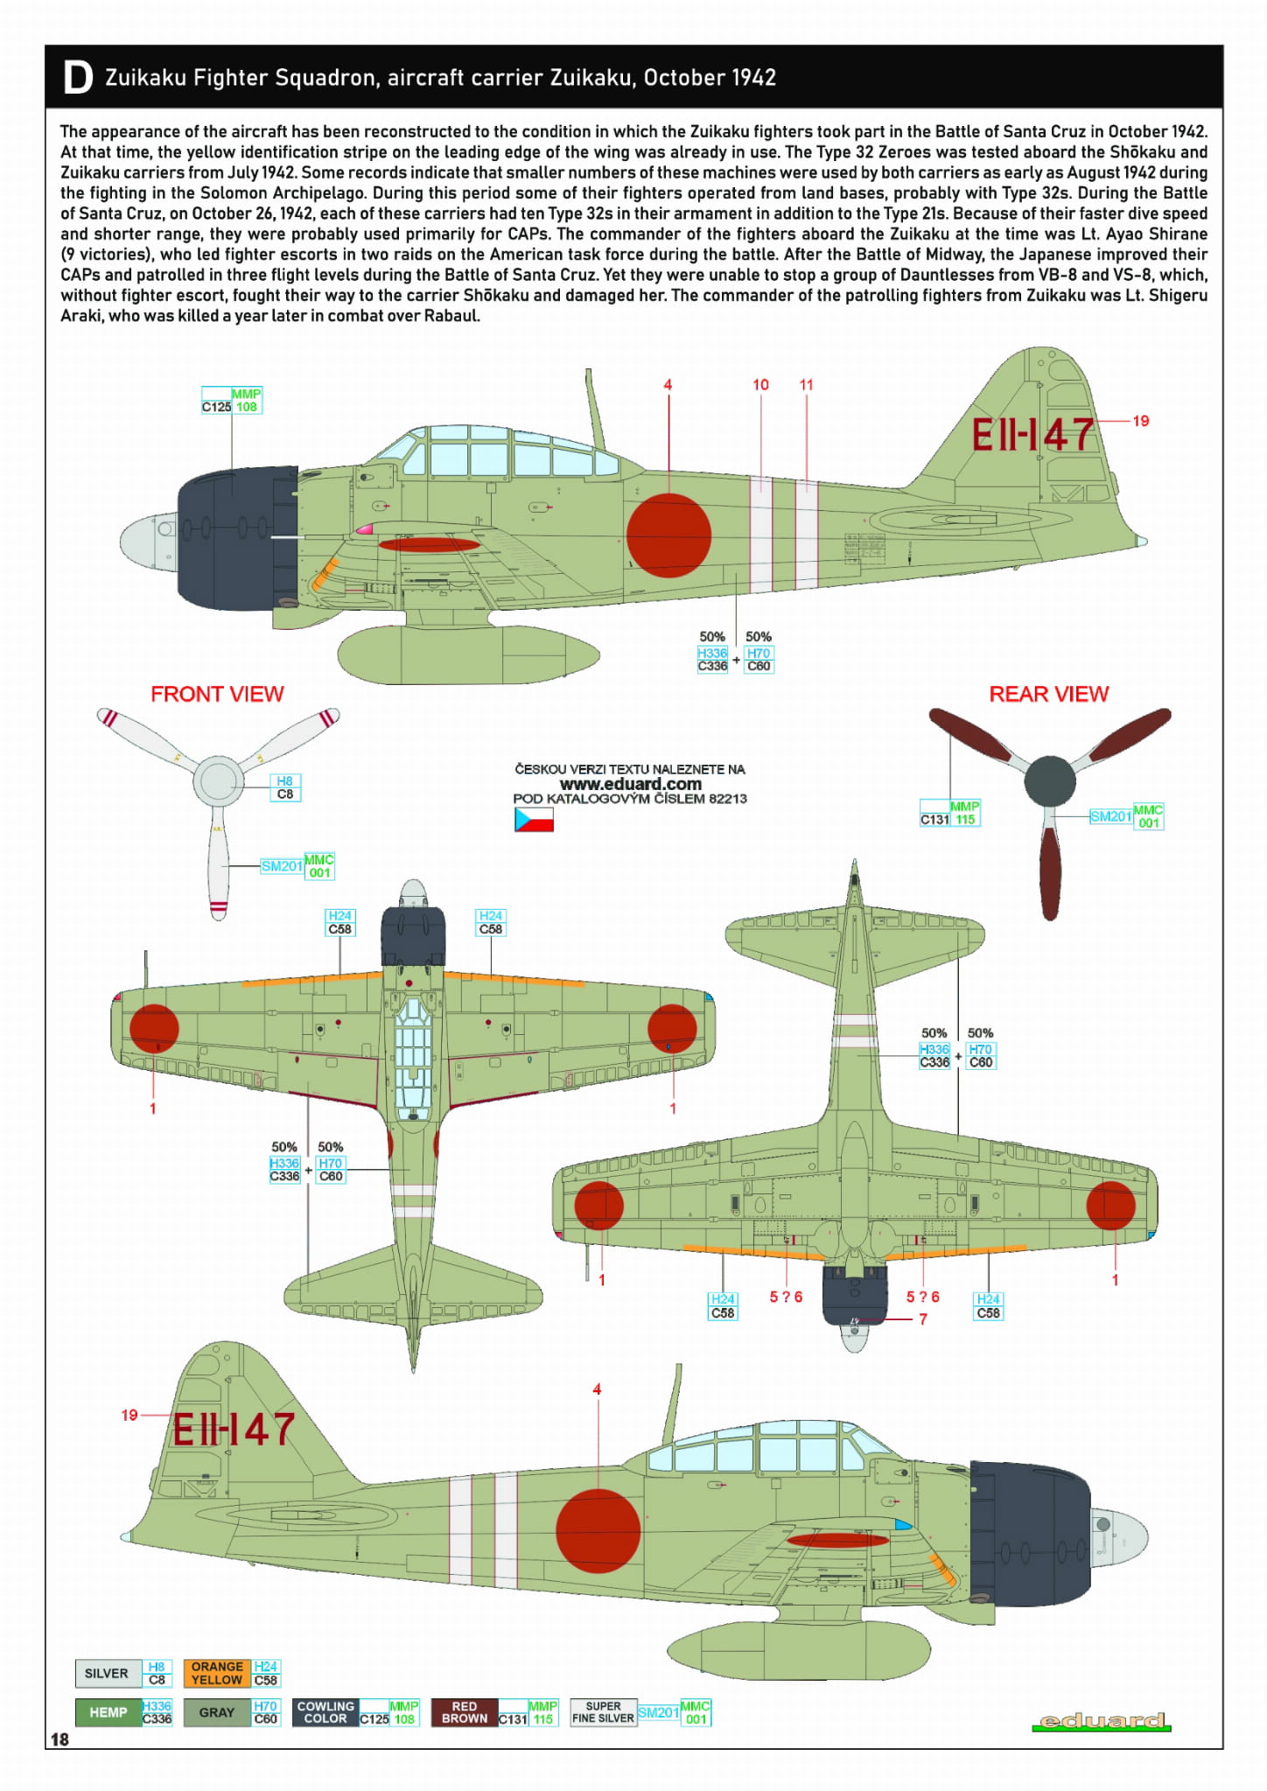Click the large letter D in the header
click(78, 78)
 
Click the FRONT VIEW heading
click(217, 694)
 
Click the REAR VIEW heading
click(1048, 694)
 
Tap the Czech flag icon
click(534, 819)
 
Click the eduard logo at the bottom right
click(1101, 1721)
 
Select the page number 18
click(59, 1739)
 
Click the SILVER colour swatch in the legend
click(107, 1673)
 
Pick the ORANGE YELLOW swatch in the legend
click(217, 1673)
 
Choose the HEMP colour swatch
click(108, 1712)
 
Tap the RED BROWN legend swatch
click(464, 1712)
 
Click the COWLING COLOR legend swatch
click(325, 1712)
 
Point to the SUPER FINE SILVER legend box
click(603, 1712)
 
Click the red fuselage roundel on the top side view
click(668, 535)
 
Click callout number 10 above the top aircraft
click(760, 385)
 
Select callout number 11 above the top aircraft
click(806, 385)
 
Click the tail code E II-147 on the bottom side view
click(233, 1430)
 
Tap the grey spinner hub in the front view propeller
click(218, 780)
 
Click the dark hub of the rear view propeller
click(1049, 780)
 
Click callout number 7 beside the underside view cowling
click(923, 1319)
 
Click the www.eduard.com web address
click(630, 784)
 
